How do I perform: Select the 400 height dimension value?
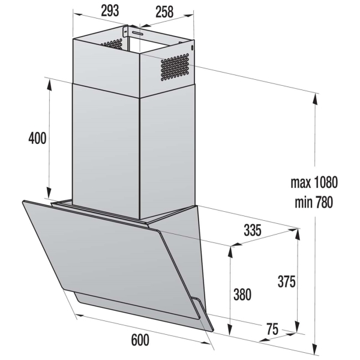tap(37, 137)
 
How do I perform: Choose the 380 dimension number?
tap(242, 295)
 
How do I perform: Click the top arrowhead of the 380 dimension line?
tap(230, 250)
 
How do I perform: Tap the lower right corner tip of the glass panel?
tap(212, 328)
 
